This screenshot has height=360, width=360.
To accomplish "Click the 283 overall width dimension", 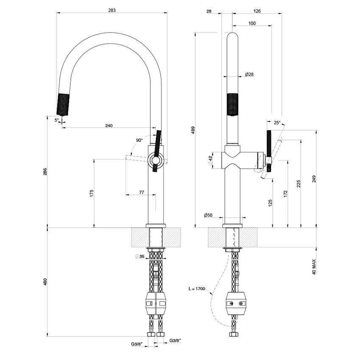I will [x=111, y=10].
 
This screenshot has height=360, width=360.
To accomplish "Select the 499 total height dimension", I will [x=193, y=130].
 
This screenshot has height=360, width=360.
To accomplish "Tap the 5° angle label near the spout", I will [x=56, y=120].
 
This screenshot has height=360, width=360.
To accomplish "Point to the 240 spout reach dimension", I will [x=109, y=125].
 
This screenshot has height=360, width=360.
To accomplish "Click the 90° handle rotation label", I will [x=139, y=140].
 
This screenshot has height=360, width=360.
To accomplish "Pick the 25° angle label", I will [x=277, y=122].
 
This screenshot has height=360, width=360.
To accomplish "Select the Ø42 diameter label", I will [x=210, y=160].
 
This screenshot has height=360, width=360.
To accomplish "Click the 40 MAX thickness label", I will [x=314, y=267].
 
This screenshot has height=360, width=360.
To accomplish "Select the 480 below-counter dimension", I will [x=45, y=282].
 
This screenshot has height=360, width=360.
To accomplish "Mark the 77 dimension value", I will [x=141, y=193].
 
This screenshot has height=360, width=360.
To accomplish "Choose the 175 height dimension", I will [x=91, y=193].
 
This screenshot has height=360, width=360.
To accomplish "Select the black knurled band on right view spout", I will [x=233, y=102].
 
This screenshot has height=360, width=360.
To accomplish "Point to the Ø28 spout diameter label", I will [x=249, y=75].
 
